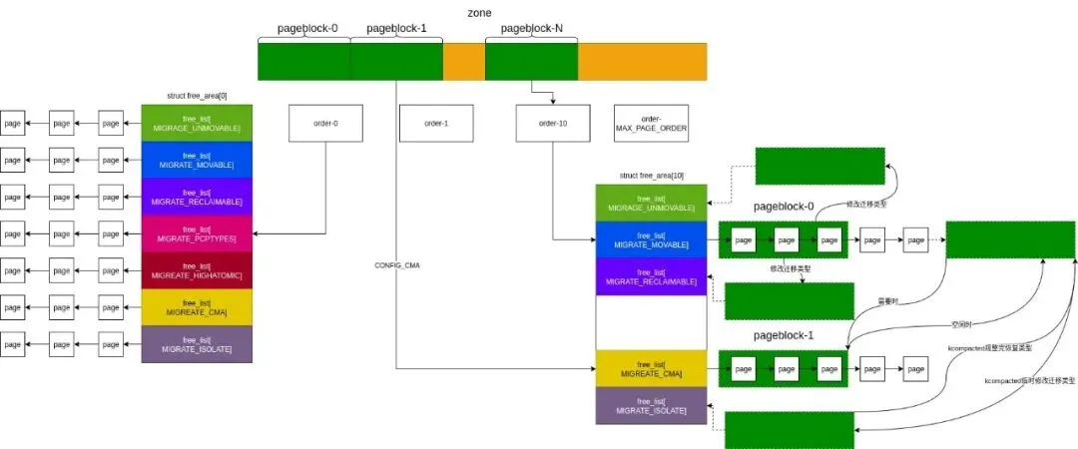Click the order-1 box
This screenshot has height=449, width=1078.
tap(436, 123)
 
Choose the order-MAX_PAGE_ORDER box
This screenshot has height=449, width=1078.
tap(651, 123)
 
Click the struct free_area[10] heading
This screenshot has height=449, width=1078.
tap(651, 176)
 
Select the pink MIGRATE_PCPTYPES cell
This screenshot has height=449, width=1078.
tap(197, 233)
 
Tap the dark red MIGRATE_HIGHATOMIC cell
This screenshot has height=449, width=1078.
tap(197, 270)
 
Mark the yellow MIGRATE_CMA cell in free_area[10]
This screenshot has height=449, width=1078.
tap(651, 368)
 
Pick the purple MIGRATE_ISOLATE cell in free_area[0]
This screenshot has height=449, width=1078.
tap(197, 343)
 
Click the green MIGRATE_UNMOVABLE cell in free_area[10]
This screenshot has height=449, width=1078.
tap(651, 203)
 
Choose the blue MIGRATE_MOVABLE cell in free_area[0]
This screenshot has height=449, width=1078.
tap(197, 160)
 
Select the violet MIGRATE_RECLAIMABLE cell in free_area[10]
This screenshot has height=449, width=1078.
tap(651, 276)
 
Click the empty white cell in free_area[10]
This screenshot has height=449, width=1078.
tap(651, 322)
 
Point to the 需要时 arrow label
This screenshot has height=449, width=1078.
tap(885, 299)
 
